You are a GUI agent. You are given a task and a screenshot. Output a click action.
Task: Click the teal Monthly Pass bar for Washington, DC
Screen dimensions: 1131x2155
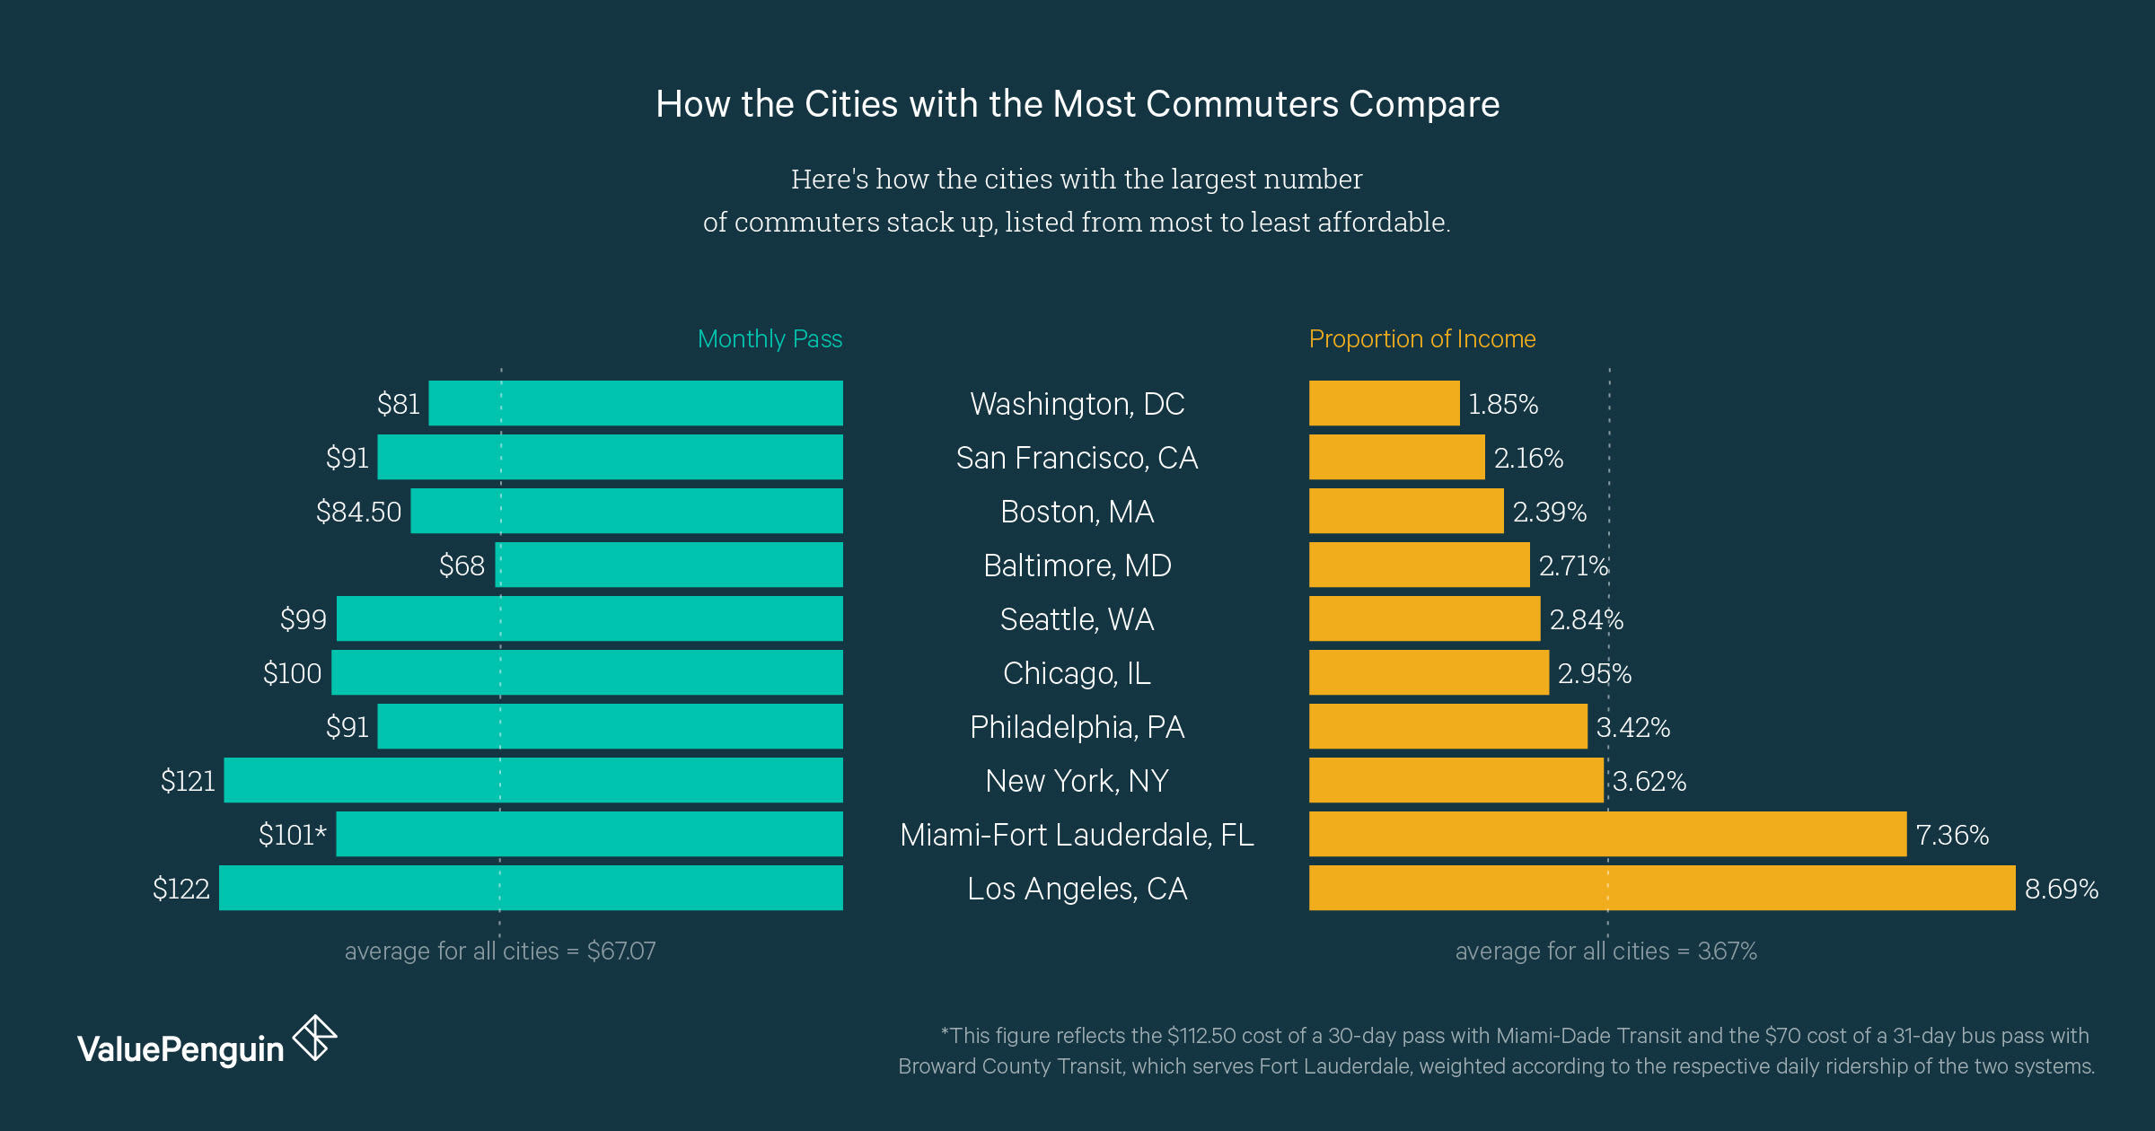(636, 403)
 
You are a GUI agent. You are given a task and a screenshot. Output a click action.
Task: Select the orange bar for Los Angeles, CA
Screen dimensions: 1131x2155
(1661, 888)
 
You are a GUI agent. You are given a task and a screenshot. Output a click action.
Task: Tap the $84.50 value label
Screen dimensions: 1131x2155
(358, 512)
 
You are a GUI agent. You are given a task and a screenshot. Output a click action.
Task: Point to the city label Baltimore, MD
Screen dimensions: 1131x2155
(1077, 565)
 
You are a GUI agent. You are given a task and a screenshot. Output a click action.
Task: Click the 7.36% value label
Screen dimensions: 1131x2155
(1952, 835)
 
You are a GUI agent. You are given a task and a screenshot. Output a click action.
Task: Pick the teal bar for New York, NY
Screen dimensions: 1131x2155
(533, 780)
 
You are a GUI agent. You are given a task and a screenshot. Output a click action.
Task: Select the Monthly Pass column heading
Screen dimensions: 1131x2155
(770, 338)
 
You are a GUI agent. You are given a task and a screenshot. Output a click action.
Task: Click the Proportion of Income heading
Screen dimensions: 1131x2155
(1421, 338)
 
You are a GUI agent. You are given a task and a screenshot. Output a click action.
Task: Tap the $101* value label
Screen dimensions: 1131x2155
(292, 835)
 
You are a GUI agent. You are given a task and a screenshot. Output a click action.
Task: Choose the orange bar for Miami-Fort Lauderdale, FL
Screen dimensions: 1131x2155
(1607, 834)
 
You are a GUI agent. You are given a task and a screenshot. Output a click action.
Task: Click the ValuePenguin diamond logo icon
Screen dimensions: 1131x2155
(314, 1039)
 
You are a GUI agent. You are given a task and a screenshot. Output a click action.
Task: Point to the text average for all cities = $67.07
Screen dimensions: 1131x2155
(500, 951)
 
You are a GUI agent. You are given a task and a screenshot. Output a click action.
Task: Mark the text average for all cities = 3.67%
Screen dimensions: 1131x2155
(1605, 951)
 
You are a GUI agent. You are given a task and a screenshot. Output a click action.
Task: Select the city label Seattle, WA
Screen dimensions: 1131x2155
(1077, 619)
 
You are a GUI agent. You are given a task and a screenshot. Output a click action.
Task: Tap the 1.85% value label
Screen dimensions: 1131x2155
(1502, 404)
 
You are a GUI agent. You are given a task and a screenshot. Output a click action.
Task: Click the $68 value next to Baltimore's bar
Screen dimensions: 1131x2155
(462, 565)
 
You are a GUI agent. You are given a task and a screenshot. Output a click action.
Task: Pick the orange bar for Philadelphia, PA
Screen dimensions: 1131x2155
(1447, 726)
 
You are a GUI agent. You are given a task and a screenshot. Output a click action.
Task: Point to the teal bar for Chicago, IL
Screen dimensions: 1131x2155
(587, 672)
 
